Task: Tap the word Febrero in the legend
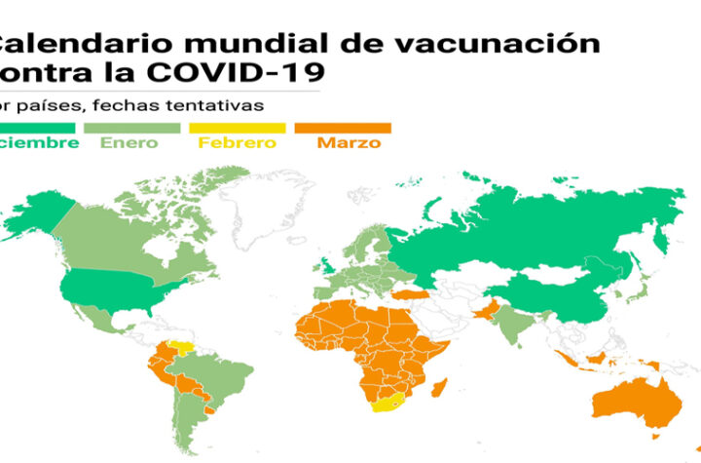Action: (237, 143)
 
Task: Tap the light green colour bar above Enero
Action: (132, 128)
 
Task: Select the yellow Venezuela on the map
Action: (179, 348)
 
